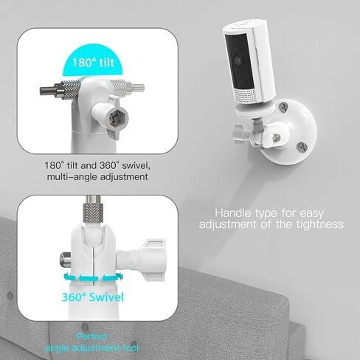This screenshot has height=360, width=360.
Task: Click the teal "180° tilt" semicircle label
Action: click(93, 61)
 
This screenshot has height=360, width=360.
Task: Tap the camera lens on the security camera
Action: click(238, 60)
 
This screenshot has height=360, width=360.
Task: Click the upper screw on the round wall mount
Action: click(284, 107)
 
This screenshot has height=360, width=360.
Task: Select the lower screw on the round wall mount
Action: click(302, 147)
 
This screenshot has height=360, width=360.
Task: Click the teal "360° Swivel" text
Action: click(93, 297)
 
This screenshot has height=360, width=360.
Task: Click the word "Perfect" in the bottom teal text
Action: click(91, 336)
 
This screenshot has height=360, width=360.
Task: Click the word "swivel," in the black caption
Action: click(136, 165)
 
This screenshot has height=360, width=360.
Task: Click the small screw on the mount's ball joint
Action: click(277, 136)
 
